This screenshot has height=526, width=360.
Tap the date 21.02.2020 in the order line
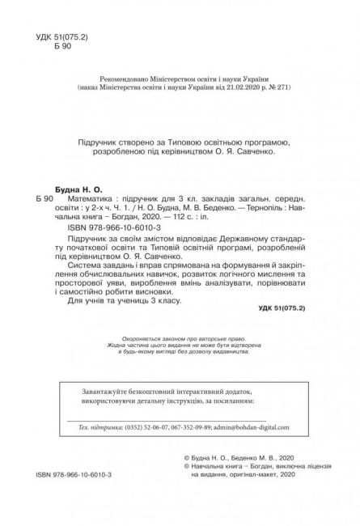click(249, 83)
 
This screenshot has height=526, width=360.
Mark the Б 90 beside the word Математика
click(46, 199)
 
